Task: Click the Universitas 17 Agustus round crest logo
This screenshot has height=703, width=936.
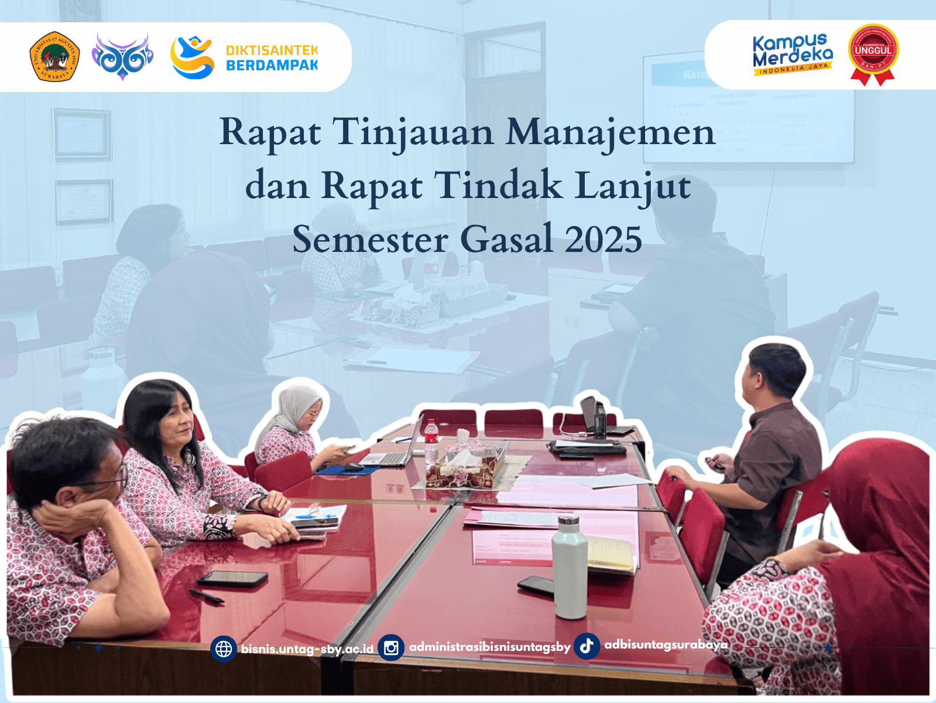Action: point(54,56)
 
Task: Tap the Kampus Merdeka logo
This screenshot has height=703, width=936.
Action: point(792,54)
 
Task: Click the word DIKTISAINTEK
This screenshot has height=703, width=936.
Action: point(272,50)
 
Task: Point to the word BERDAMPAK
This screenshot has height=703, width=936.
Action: point(272,66)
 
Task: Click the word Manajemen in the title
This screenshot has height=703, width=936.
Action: point(610,132)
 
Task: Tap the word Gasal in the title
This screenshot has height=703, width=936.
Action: point(506,240)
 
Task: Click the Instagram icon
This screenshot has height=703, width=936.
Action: point(391,648)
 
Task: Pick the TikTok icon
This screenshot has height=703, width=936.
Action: point(587,646)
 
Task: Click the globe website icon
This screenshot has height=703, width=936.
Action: point(224,649)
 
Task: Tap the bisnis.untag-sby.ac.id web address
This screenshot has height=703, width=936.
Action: point(307,649)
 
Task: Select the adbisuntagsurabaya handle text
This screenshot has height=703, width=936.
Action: point(666,645)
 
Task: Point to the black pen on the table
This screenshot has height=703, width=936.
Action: point(205,596)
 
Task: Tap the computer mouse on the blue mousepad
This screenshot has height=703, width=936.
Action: point(354,466)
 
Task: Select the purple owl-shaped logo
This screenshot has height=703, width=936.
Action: point(122,56)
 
